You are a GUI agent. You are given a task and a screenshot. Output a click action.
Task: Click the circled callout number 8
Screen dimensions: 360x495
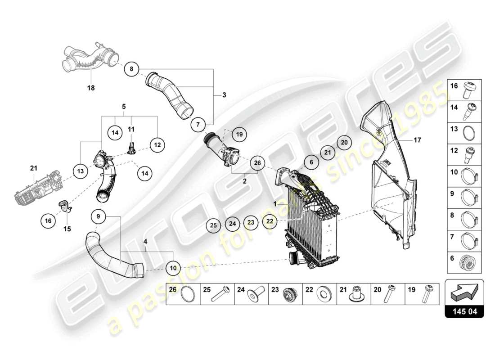[x=131, y=69]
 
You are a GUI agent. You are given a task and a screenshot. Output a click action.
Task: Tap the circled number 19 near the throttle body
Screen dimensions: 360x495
[x=239, y=134]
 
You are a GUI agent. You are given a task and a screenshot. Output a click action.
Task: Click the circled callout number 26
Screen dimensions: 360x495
[x=257, y=163]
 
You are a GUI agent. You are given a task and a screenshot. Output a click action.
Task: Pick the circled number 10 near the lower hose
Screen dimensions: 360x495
[x=173, y=268]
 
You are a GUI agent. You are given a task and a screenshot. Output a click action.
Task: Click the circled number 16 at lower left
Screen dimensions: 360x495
[x=48, y=220]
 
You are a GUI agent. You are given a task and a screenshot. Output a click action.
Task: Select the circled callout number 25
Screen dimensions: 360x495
[x=215, y=224]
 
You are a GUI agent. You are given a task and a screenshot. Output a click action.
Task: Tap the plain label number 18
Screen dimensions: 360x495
[x=91, y=88]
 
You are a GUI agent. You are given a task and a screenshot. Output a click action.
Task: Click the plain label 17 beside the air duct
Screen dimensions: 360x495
[x=417, y=140]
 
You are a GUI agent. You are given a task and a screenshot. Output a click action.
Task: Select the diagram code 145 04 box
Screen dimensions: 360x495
[x=464, y=311]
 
